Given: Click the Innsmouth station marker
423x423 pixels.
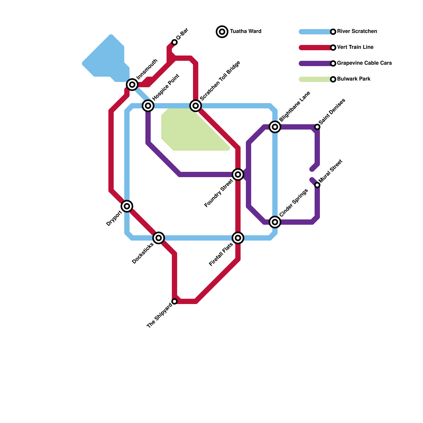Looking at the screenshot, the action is (x=132, y=85).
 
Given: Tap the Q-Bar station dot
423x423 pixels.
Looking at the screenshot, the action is (x=174, y=42).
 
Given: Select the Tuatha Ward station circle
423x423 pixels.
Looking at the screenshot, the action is (x=222, y=32).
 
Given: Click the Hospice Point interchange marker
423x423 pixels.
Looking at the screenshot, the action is (x=148, y=106).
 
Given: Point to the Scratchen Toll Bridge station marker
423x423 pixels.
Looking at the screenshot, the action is (x=196, y=106).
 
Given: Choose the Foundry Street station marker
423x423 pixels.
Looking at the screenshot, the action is (x=238, y=174).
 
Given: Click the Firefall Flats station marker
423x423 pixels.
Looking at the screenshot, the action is (x=238, y=238).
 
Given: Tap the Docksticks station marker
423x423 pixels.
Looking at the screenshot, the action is (x=159, y=238).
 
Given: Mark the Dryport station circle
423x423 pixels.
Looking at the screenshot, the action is (x=127, y=206).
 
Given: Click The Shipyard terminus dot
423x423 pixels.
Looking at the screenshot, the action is (x=174, y=301).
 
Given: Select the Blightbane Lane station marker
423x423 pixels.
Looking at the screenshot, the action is (x=275, y=127).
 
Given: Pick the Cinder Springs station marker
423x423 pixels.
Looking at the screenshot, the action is (x=275, y=222).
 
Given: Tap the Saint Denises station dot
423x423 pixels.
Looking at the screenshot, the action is (x=317, y=127).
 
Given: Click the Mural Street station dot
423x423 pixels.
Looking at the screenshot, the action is (x=317, y=185).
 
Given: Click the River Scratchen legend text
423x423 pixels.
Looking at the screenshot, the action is (x=357, y=31).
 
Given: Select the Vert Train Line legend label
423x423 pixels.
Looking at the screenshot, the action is (x=355, y=47).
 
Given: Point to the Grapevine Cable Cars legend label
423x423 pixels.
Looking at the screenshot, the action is (x=364, y=63).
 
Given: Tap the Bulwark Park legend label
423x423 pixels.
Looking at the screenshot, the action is (x=354, y=79).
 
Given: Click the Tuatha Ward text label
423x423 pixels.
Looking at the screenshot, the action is (x=246, y=31).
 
